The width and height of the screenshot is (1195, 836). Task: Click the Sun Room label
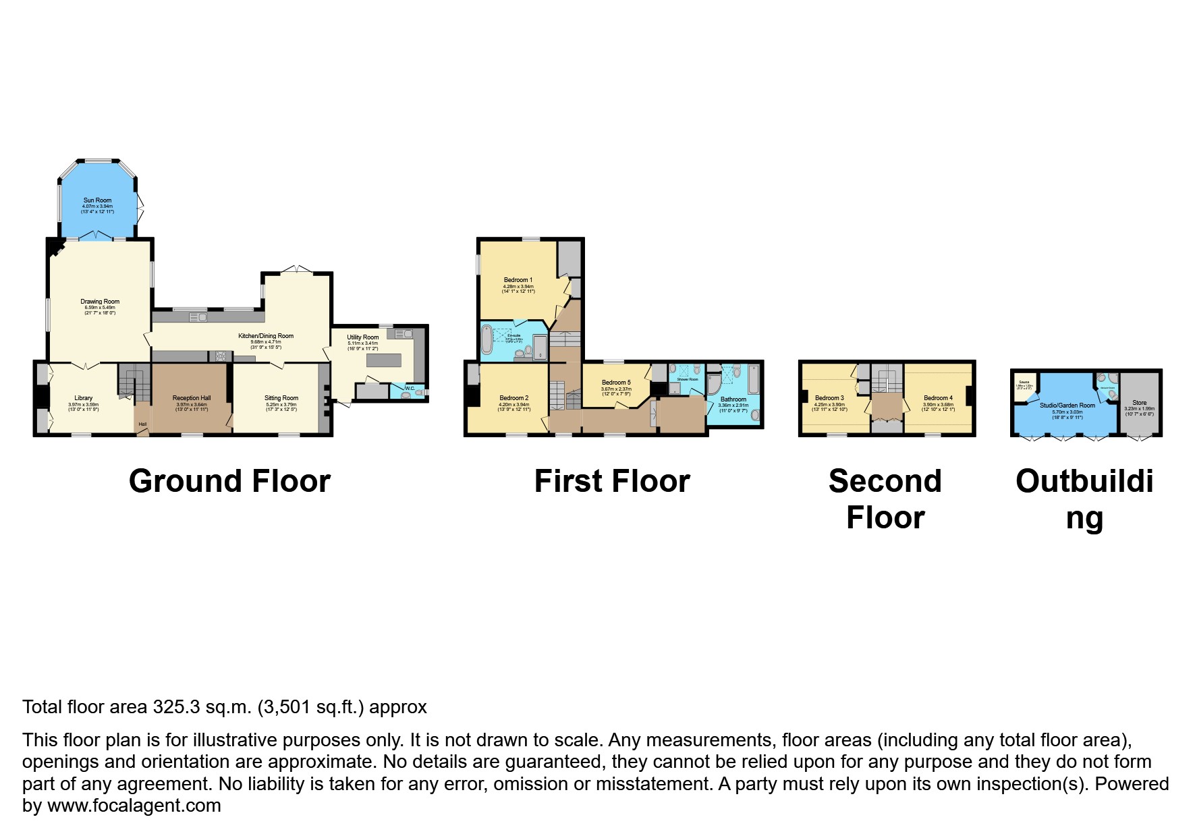[x=98, y=200]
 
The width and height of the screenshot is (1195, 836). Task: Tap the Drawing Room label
[x=100, y=302]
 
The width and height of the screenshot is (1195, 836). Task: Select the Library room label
[x=83, y=398]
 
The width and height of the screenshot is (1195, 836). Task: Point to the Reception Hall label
[x=192, y=398]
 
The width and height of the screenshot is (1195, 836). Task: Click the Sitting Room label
[x=281, y=398]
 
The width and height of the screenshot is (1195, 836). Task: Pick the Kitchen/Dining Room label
[x=266, y=336]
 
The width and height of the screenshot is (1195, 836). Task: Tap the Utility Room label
[x=363, y=337]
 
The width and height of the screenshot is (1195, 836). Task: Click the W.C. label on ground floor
[x=410, y=389]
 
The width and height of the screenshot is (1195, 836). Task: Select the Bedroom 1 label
[x=518, y=280]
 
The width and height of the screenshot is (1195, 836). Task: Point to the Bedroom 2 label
[x=514, y=398]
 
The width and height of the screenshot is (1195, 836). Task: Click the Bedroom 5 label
[x=616, y=383]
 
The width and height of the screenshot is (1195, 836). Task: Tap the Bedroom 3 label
[x=829, y=398]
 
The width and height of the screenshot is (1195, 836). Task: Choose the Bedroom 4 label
[x=938, y=398]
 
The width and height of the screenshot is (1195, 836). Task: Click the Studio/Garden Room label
[x=1067, y=406]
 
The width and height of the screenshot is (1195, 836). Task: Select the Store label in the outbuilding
[x=1140, y=403]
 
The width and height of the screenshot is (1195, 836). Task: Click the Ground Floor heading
[x=229, y=482]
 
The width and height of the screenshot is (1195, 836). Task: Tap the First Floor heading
[x=612, y=482]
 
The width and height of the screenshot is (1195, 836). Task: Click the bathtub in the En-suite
[x=487, y=339]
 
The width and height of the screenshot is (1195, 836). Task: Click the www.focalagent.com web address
[x=134, y=806]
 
